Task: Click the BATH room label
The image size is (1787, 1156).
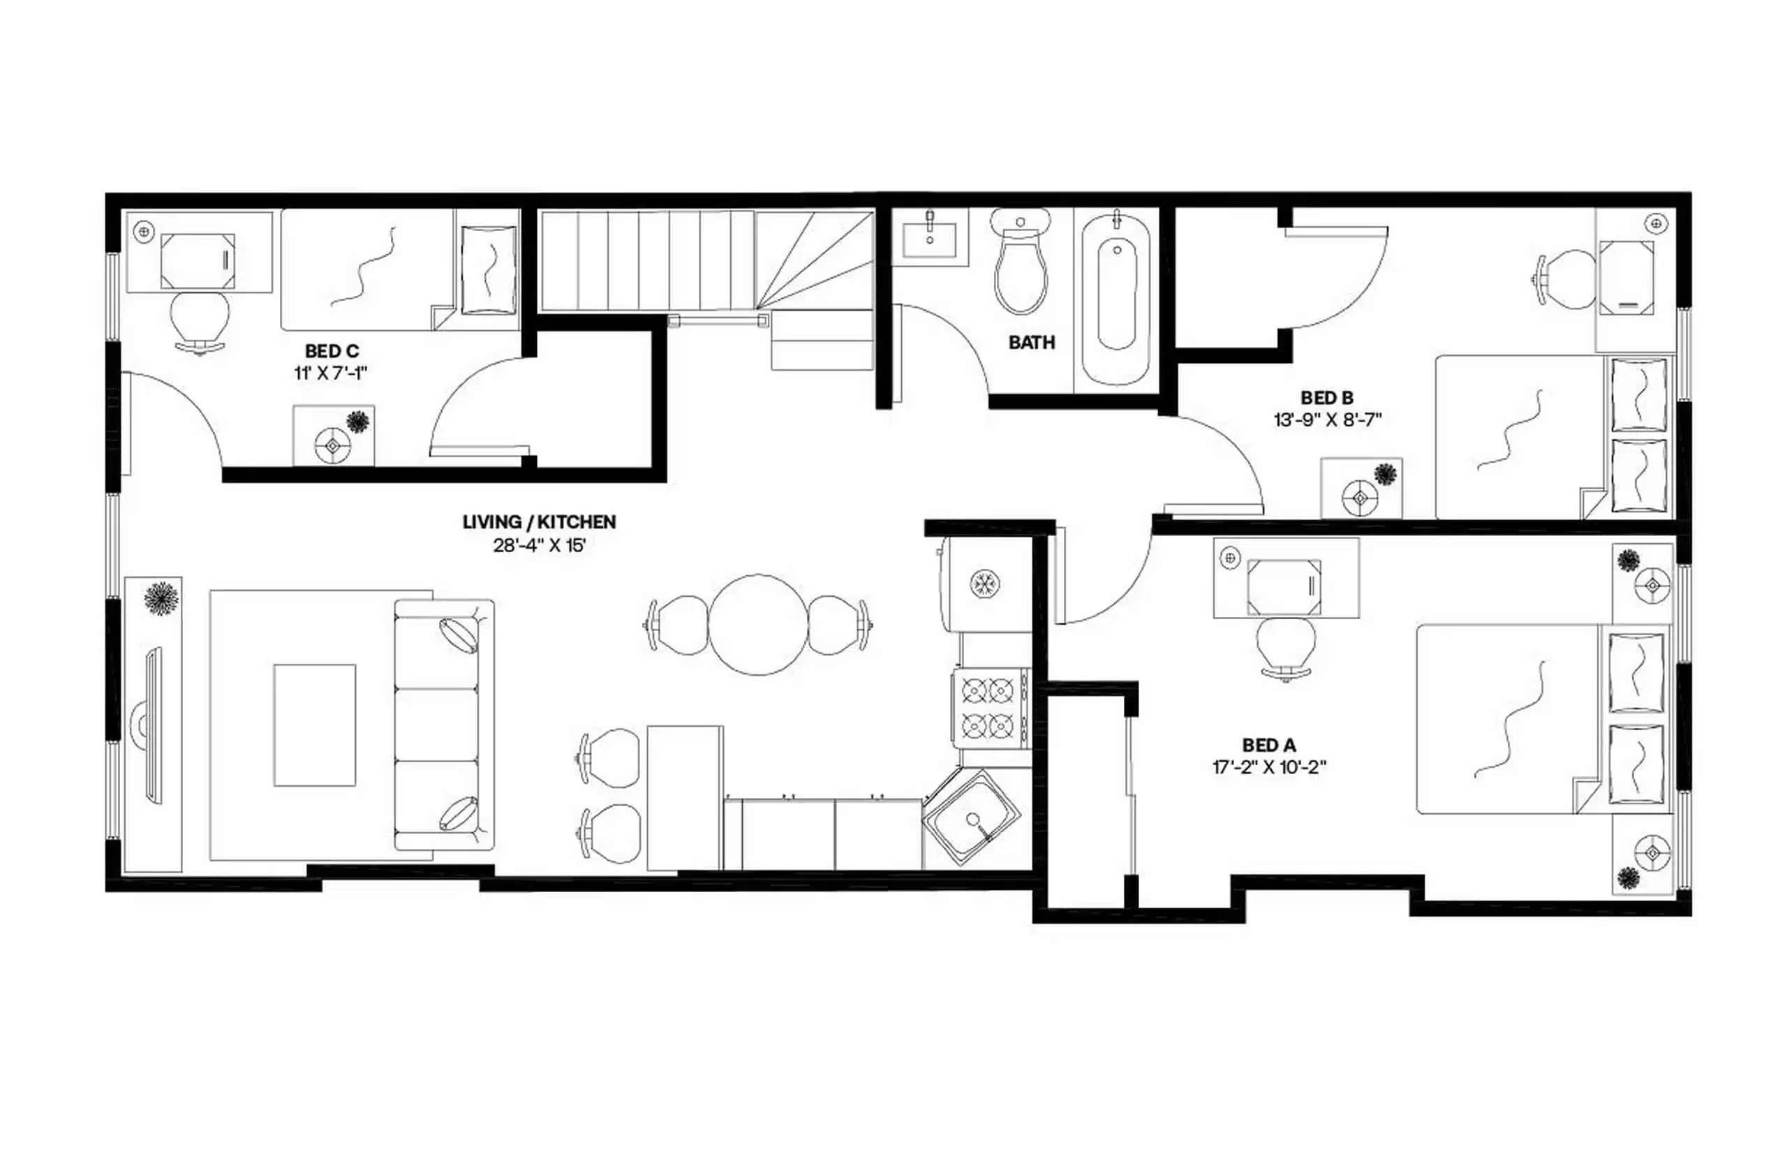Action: pos(1031,342)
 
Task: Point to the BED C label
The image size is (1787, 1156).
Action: pos(332,350)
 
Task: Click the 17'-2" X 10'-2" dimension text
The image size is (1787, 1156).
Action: pos(1269,767)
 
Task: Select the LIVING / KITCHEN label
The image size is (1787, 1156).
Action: pos(539,521)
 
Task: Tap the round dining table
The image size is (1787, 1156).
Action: pos(758,625)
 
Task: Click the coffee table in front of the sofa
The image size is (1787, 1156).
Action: pos(314,725)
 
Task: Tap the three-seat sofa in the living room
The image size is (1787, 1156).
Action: pos(443,725)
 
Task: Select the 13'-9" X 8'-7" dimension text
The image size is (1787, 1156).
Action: pos(1327,420)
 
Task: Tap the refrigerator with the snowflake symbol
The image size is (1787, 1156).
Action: pos(983,584)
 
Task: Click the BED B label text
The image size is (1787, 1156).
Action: pos(1326,397)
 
